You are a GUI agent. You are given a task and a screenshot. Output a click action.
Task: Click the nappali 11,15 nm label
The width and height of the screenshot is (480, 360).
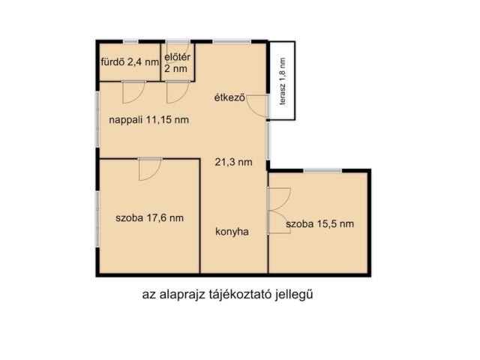148,120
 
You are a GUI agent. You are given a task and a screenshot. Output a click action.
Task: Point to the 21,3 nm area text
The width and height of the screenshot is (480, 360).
232,161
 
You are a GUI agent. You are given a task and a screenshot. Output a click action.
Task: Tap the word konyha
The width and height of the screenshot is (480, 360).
231,232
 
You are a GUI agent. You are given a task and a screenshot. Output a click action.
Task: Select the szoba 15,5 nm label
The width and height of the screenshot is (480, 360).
320,223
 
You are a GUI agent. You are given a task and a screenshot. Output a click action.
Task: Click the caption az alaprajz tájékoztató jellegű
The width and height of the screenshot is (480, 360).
226,294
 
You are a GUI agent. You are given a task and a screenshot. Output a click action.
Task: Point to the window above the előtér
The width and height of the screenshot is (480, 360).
177,40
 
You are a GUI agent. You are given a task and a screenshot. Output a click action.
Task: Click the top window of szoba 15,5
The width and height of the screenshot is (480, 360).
323,171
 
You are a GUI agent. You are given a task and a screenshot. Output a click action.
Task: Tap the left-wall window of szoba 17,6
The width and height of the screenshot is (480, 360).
97,217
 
